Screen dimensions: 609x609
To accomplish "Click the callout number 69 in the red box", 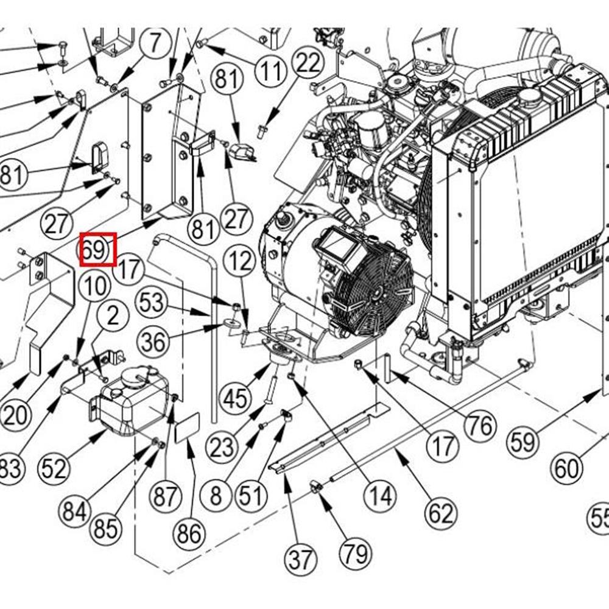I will (x=97, y=250).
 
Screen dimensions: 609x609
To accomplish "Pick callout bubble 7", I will (x=155, y=44).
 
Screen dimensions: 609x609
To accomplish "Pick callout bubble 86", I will (x=189, y=534).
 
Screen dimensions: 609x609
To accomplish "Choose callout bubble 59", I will (x=523, y=443).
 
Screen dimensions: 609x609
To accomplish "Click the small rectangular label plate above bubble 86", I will (x=188, y=428).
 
